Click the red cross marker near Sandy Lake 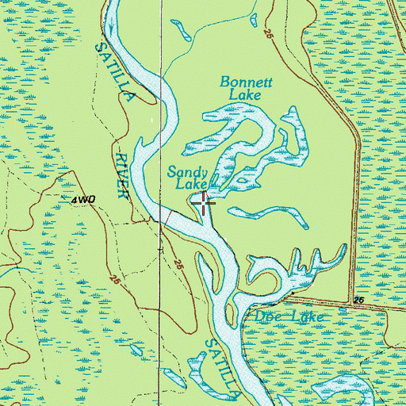[x=204, y=204]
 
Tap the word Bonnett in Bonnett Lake [x=240, y=82]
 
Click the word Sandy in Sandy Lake [x=188, y=172]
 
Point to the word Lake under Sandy [x=191, y=186]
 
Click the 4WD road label [x=82, y=200]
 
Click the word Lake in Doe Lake [x=305, y=316]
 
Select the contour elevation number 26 [x=358, y=301]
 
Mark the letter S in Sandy [x=172, y=172]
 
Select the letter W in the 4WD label [x=82, y=200]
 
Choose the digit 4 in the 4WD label [x=73, y=200]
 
